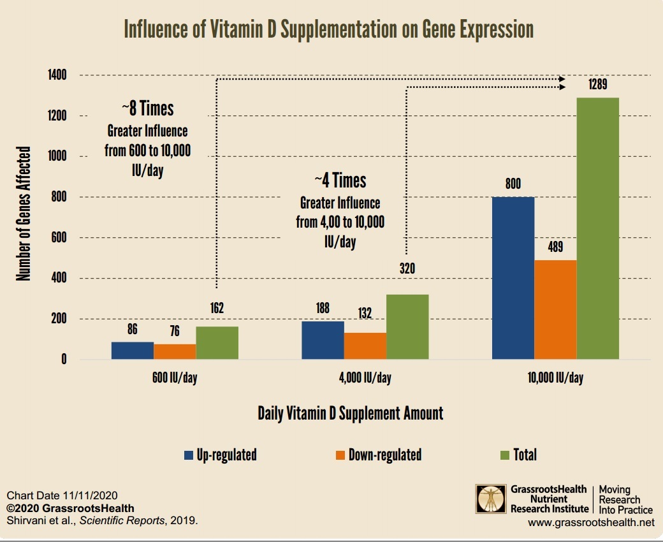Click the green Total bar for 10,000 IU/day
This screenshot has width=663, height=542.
[597, 228]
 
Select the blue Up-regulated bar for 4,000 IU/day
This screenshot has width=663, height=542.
[323, 340]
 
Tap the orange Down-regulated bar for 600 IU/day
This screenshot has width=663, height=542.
[174, 351]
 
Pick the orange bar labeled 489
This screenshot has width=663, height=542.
[555, 309]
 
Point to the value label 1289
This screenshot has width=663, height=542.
[597, 85]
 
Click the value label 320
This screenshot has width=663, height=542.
[407, 268]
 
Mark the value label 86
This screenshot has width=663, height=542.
[132, 329]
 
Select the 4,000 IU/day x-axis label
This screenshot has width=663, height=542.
[365, 377]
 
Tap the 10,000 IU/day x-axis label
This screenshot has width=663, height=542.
[555, 377]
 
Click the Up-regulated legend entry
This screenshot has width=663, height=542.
[221, 455]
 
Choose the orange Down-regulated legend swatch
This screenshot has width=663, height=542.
[339, 455]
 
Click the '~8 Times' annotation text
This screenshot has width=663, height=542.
[147, 108]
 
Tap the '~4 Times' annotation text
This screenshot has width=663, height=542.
[340, 180]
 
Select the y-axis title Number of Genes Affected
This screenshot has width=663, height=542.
[24, 214]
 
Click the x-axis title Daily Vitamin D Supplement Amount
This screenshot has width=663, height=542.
[350, 413]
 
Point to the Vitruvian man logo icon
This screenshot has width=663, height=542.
[492, 499]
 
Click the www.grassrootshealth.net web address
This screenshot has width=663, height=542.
[591, 523]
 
